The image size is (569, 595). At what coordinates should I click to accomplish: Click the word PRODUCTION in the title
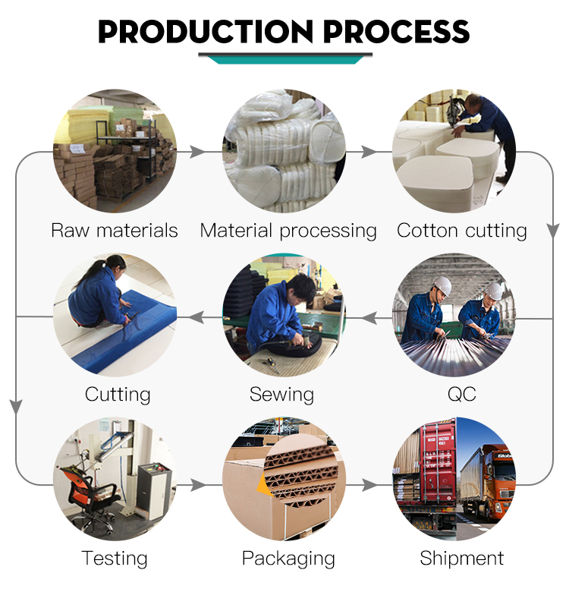(206, 31)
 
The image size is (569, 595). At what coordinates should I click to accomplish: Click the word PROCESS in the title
(396, 31)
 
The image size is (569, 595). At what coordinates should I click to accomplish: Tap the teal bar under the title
(285, 60)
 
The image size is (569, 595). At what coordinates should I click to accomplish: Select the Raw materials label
(114, 231)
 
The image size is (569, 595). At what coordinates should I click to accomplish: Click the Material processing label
(288, 231)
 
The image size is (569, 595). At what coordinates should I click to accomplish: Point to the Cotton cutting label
(461, 231)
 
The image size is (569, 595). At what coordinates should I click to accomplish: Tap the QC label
(461, 394)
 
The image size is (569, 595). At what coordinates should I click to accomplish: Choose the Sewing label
(281, 395)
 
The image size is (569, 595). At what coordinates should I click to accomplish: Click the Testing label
(115, 559)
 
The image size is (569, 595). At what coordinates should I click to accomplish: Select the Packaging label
(288, 559)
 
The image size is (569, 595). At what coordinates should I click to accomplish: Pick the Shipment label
(461, 559)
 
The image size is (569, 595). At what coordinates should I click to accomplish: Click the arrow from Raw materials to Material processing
(196, 152)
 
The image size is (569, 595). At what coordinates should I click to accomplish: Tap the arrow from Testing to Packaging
(198, 485)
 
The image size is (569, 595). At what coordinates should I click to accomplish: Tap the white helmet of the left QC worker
(442, 285)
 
